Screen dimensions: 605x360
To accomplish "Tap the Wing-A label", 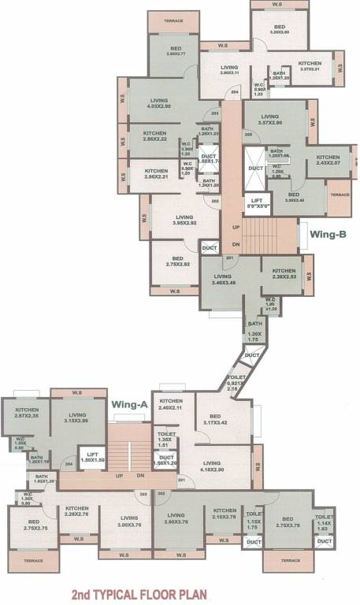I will click(x=130, y=404).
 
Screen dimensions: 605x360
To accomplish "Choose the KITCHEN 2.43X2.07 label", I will click(x=328, y=159).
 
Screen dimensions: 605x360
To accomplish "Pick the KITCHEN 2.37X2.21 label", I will click(x=309, y=66).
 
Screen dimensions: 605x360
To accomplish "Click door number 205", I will click(x=248, y=134).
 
